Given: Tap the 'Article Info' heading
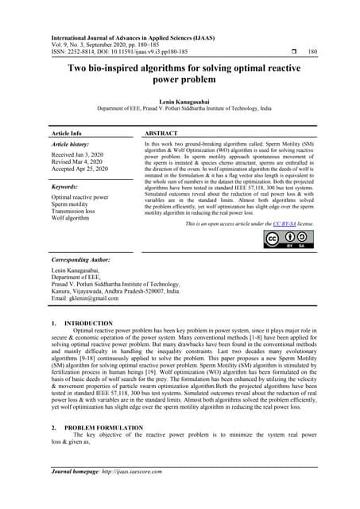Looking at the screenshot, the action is pos(65,133).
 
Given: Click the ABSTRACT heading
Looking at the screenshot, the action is pos(165,133).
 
